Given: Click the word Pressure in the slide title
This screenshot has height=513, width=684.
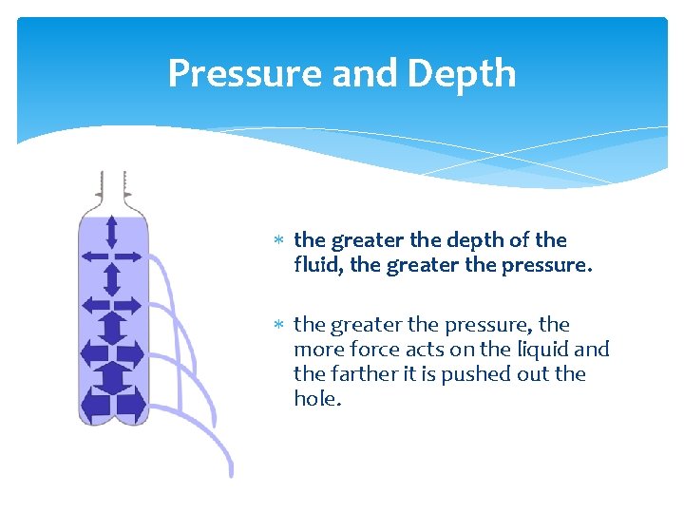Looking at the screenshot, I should tap(230, 74).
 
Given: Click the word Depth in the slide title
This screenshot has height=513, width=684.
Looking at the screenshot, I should tap(465, 74).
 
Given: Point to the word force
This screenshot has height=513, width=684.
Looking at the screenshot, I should tap(370, 350).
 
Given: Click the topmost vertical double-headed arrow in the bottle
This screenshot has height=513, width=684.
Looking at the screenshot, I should tap(112, 233).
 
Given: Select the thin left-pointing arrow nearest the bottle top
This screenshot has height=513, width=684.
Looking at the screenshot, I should tap(95, 256).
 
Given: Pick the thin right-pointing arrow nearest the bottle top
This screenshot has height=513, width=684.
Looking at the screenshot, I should tap(129, 256).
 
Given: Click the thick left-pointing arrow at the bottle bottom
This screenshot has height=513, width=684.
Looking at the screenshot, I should tap(95, 405).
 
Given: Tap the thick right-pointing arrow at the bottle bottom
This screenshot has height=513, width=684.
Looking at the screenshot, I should tap(131, 405).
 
